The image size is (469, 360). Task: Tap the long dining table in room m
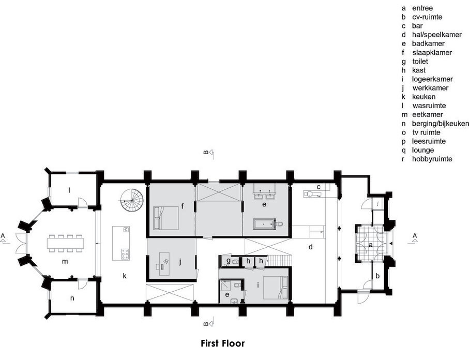point(66,243)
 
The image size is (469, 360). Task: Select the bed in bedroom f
point(166,218)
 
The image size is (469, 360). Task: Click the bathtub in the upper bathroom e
point(263,224)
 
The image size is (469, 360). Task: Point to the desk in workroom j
point(164,264)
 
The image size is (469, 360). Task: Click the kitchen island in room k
point(122,243)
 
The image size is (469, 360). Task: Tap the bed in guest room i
point(276,288)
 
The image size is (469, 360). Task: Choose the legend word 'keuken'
point(423,97)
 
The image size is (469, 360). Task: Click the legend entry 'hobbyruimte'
point(432,159)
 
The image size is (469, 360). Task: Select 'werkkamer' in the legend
point(430,88)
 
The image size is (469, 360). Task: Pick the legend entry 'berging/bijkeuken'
point(440,124)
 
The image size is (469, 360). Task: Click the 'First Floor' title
point(222,343)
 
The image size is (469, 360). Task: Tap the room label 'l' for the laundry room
point(69,190)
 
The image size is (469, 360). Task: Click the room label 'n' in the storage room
point(72,298)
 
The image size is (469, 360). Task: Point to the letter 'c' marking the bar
point(319,187)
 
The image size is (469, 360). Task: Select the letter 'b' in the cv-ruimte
point(377,276)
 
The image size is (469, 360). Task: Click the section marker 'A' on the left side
point(3,236)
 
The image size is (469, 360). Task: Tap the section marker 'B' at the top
point(206,152)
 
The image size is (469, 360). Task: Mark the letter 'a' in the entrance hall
point(371,245)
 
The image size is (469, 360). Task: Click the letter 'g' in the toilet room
point(229,261)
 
